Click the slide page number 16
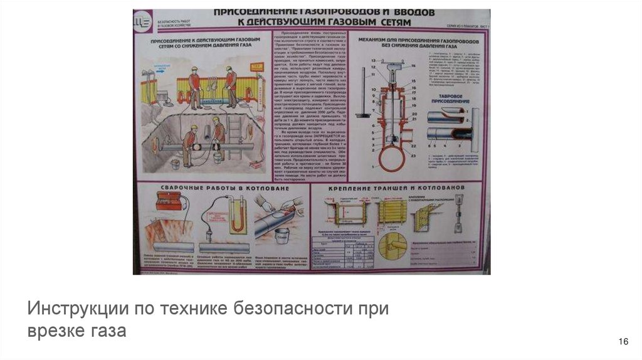click(623, 341)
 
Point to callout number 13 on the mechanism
click(374, 60)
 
